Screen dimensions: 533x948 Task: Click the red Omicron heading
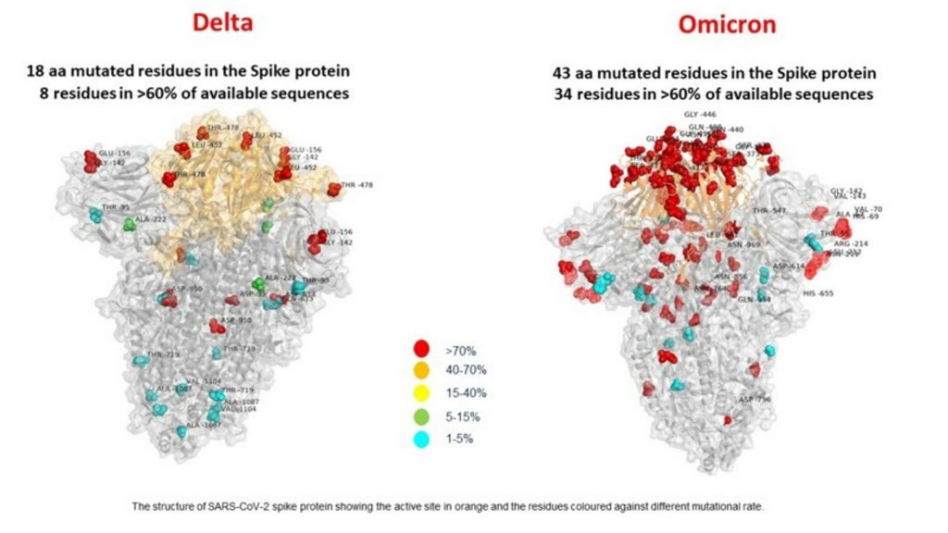pyautogui.click(x=727, y=23)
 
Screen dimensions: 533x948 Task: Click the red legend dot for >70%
pyautogui.click(x=422, y=349)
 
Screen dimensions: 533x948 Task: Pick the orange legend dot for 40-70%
pyautogui.click(x=422, y=370)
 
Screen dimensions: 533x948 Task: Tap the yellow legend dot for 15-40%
pyautogui.click(x=422, y=392)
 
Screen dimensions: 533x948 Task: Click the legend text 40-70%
pyautogui.click(x=466, y=370)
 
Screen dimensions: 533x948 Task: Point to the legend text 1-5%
pyautogui.click(x=460, y=437)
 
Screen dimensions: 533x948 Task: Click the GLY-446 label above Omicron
pyautogui.click(x=701, y=115)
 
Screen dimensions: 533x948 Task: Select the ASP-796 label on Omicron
pyautogui.click(x=754, y=400)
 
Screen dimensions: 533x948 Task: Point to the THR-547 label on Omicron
pyautogui.click(x=769, y=211)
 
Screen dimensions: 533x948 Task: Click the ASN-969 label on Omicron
pyautogui.click(x=743, y=245)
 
